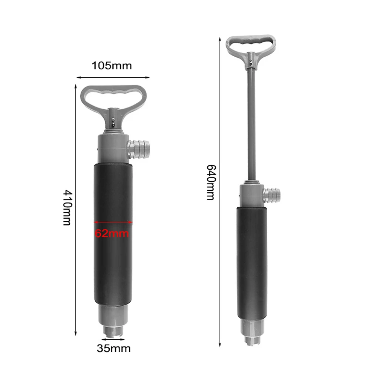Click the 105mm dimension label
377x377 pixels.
click(x=112, y=66)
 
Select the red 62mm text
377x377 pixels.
click(x=112, y=233)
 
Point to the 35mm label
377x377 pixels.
click(x=113, y=348)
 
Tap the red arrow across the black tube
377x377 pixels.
click(x=113, y=222)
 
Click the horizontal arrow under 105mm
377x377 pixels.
click(x=113, y=78)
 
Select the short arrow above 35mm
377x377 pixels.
click(x=113, y=339)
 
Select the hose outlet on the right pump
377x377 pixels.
click(x=272, y=194)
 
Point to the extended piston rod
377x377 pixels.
click(x=251, y=121)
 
